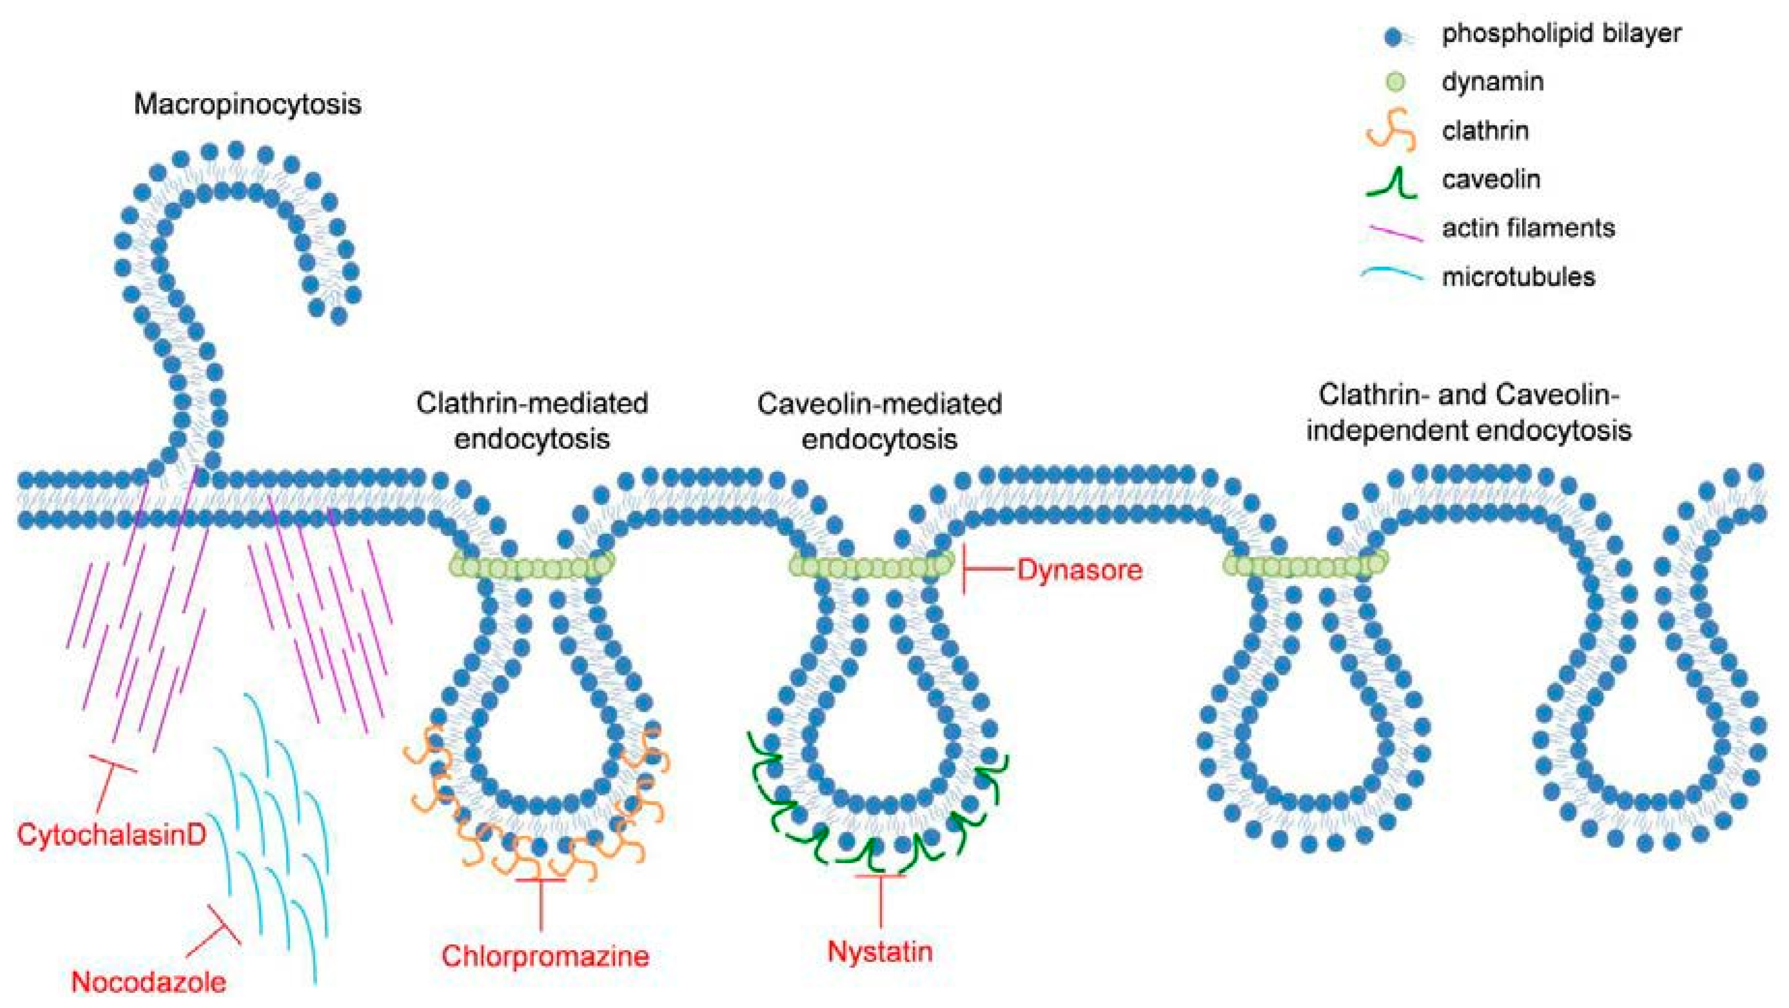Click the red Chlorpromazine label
pyautogui.click(x=545, y=956)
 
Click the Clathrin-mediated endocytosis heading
pyautogui.click(x=532, y=420)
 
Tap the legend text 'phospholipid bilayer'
pyautogui.click(x=1561, y=34)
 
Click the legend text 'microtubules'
pyautogui.click(x=1518, y=277)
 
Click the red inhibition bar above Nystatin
pyautogui.click(x=880, y=877)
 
